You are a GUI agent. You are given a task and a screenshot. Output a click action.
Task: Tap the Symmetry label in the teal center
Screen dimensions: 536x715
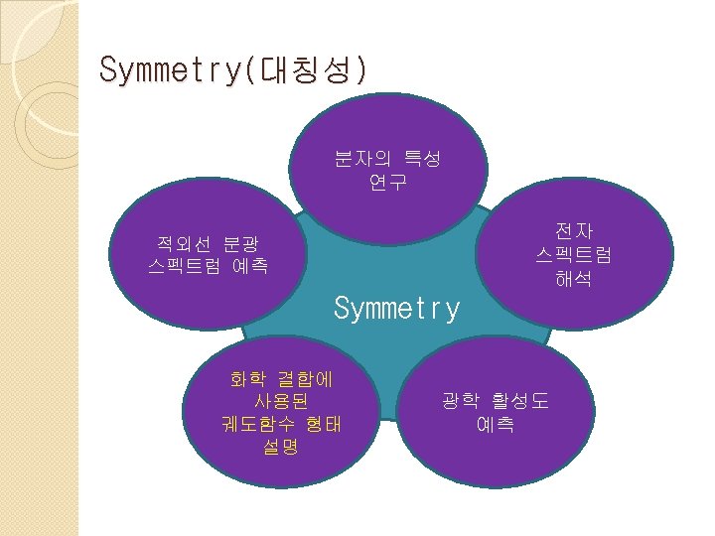coord(397,309)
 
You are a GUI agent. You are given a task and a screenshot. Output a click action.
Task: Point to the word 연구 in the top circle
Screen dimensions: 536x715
coord(387,183)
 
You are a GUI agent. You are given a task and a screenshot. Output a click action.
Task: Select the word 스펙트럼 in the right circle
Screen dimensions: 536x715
coord(574,255)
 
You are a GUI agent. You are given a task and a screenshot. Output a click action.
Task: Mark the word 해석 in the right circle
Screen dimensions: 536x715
coord(574,280)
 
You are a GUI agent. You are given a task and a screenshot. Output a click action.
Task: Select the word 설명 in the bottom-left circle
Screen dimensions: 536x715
coord(281,448)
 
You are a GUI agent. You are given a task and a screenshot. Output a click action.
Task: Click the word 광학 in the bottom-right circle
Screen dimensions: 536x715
coord(462,401)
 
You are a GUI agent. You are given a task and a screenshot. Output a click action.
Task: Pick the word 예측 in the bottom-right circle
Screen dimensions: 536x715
coord(495,425)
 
